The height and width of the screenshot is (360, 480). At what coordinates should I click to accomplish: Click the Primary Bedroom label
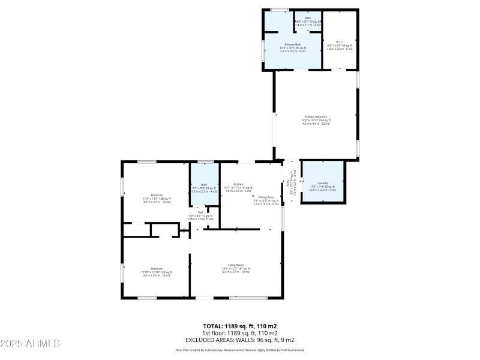pos(316,117)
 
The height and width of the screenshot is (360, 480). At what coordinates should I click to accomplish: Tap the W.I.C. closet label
pos(340,42)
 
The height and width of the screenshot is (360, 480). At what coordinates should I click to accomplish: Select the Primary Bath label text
pos(293,44)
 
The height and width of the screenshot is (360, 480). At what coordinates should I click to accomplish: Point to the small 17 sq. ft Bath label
pos(308,19)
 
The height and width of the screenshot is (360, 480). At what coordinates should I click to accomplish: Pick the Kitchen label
pos(238,184)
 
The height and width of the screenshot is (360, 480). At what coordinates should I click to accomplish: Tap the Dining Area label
pos(266,197)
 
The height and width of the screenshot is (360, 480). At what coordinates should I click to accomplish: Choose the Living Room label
pos(236,265)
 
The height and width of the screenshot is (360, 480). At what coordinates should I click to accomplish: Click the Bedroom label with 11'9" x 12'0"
pos(157,195)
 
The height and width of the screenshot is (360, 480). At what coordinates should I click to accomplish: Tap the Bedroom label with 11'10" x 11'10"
pos(157,268)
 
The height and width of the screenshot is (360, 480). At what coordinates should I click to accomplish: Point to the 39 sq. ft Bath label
pos(204,184)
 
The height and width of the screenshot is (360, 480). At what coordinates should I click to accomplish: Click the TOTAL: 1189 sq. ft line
pos(239,326)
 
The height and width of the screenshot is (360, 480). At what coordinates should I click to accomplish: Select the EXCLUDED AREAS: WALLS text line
pos(239,340)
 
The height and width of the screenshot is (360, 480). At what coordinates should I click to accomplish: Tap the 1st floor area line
pos(239,333)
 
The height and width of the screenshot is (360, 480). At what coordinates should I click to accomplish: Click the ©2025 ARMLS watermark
pos(31,344)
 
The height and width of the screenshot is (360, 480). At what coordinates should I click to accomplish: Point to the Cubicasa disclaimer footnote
pos(239,350)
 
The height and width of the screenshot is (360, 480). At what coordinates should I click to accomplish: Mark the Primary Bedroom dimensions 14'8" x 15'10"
pos(316,121)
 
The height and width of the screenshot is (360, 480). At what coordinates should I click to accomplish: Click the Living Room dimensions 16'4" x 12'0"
pos(236,268)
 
